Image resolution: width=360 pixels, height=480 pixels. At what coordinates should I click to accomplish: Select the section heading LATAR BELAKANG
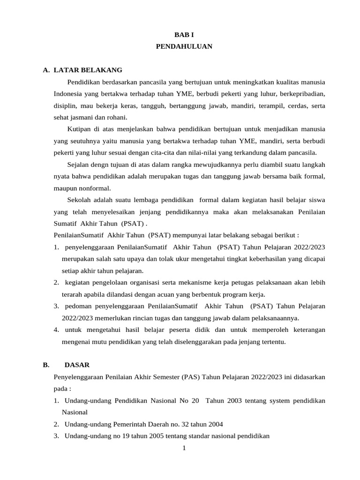pos(88,70)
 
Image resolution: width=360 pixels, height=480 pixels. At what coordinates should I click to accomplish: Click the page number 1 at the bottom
pos(184,448)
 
